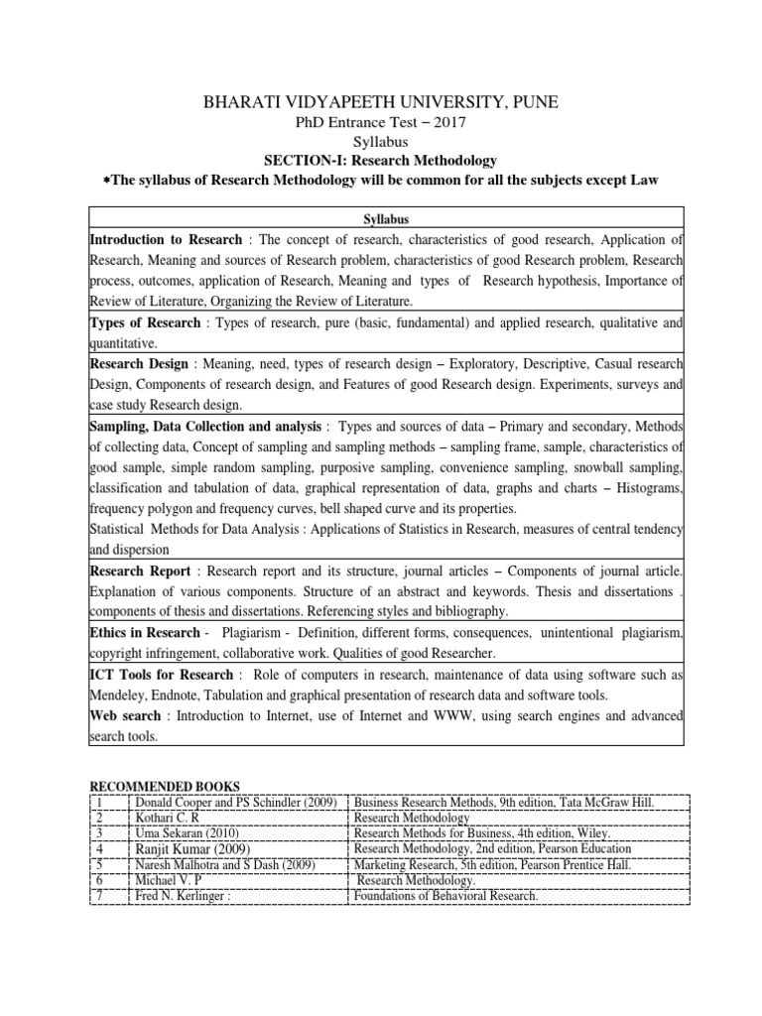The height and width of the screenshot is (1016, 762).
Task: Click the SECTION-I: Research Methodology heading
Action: pos(380,160)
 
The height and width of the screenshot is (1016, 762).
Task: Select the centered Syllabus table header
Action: pos(381,219)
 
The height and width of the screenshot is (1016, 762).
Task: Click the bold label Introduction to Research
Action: pos(166,240)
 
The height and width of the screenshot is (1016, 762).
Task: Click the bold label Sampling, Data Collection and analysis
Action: pos(205,426)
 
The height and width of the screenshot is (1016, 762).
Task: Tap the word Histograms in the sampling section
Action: pos(650,487)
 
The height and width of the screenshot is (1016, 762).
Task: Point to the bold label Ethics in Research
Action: pos(145,633)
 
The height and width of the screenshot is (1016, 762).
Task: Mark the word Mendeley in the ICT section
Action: pos(120,696)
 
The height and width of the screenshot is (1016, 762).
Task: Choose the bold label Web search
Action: pos(127,715)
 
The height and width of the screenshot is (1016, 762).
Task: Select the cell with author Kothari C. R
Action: pos(168,818)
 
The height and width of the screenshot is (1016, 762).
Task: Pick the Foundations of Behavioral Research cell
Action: pos(445,897)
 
